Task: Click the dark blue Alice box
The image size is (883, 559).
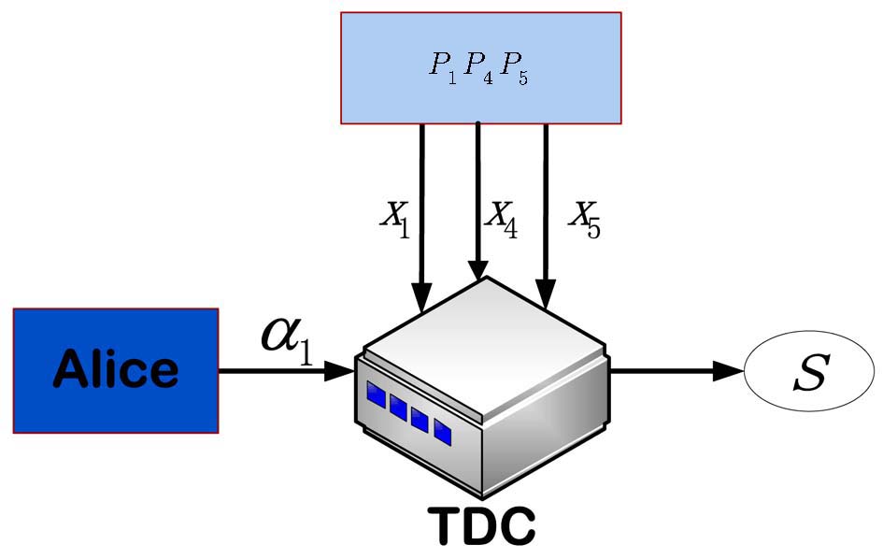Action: click(115, 370)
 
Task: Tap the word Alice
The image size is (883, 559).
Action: click(115, 369)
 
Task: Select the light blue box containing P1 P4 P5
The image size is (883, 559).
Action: click(480, 67)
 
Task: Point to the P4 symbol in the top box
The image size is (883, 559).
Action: click(478, 67)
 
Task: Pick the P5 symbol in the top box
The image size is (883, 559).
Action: click(515, 67)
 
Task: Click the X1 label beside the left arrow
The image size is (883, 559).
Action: click(394, 218)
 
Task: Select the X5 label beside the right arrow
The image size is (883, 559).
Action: click(585, 218)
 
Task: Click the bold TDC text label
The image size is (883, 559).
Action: click(481, 526)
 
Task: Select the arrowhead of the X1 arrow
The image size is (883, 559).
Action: click(421, 301)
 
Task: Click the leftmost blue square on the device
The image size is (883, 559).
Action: click(376, 394)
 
